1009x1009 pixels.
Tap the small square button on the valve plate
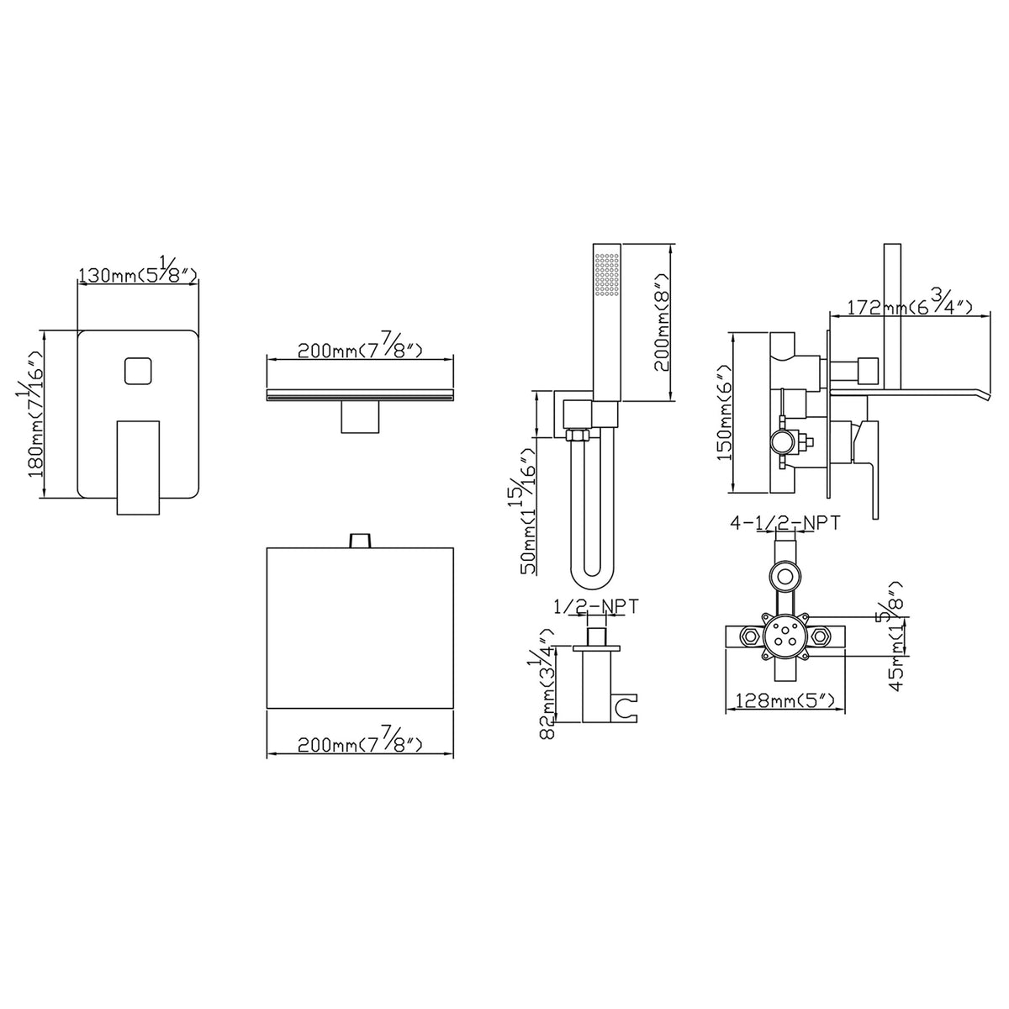point(138,371)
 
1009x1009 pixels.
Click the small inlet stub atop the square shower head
point(360,541)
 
